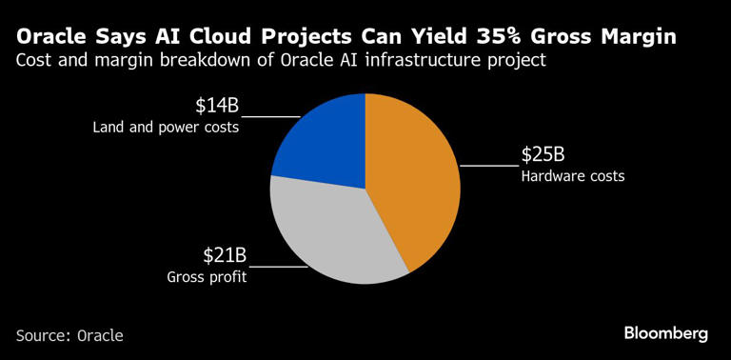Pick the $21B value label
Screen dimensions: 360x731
point(225,255)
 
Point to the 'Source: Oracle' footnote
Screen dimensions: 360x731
point(69,335)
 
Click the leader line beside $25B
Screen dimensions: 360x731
point(489,165)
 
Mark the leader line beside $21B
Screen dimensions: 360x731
point(279,267)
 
